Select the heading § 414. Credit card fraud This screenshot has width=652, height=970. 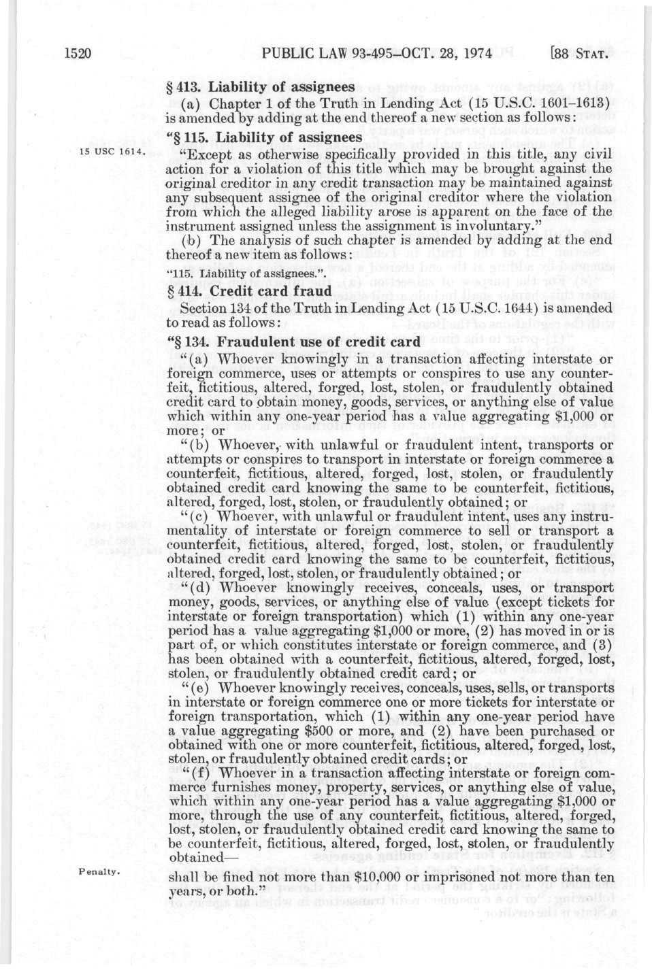click(x=249, y=291)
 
